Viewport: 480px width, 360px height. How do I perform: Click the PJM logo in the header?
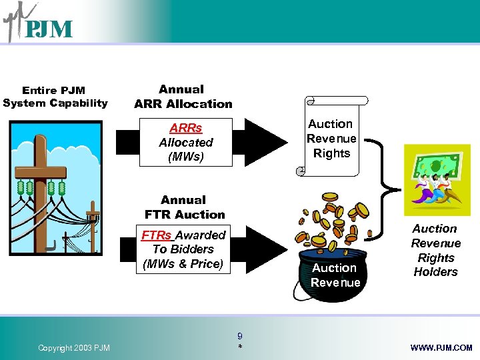click(38, 24)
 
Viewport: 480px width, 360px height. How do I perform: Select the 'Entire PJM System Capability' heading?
click(55, 97)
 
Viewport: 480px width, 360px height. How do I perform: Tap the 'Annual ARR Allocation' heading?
click(183, 97)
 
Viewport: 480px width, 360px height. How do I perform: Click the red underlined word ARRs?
click(186, 128)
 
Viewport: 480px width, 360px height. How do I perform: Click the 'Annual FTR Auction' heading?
click(185, 207)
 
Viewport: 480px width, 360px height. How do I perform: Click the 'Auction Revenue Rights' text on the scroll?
click(331, 139)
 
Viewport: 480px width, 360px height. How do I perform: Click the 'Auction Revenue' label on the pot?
click(335, 275)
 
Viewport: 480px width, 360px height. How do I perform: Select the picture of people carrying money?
click(437, 177)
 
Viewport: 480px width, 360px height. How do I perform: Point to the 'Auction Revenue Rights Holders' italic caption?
click(435, 250)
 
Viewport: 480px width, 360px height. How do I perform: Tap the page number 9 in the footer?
click(239, 337)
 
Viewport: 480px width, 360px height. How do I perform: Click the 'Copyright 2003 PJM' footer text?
click(74, 347)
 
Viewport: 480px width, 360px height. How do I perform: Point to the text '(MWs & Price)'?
click(183, 263)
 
